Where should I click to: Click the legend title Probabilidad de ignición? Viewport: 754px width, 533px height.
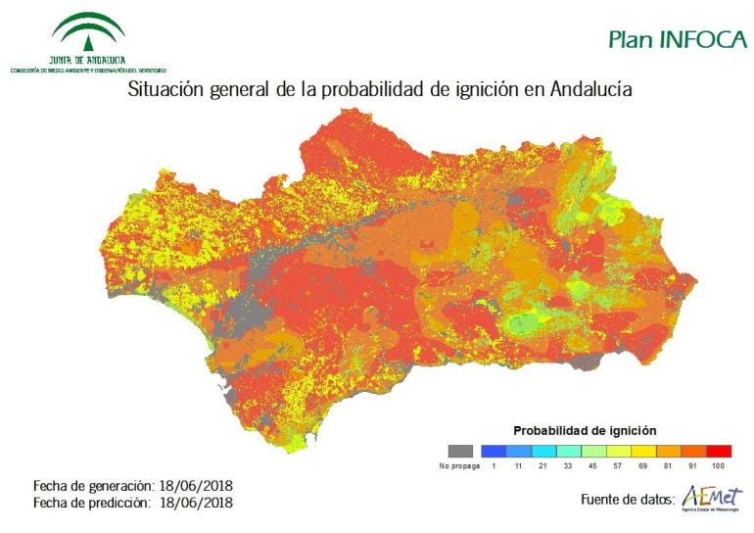coord(585,430)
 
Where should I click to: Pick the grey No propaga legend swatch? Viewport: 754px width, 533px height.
coord(459,451)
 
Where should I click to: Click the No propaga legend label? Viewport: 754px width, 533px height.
coord(458,466)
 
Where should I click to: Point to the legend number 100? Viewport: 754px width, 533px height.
coord(718,466)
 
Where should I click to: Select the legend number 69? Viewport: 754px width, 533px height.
coord(641,466)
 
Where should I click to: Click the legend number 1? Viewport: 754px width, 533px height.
coord(494,466)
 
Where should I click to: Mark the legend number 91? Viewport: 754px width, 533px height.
coord(692,466)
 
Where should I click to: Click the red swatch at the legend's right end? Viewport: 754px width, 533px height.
coord(718,451)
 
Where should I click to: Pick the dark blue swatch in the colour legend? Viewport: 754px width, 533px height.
coord(494,451)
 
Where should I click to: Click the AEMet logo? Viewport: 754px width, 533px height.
coord(712,498)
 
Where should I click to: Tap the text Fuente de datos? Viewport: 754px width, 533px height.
coord(626,500)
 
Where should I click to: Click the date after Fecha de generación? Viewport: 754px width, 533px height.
coord(197,485)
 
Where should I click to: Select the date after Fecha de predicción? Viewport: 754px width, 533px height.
coord(197,502)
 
